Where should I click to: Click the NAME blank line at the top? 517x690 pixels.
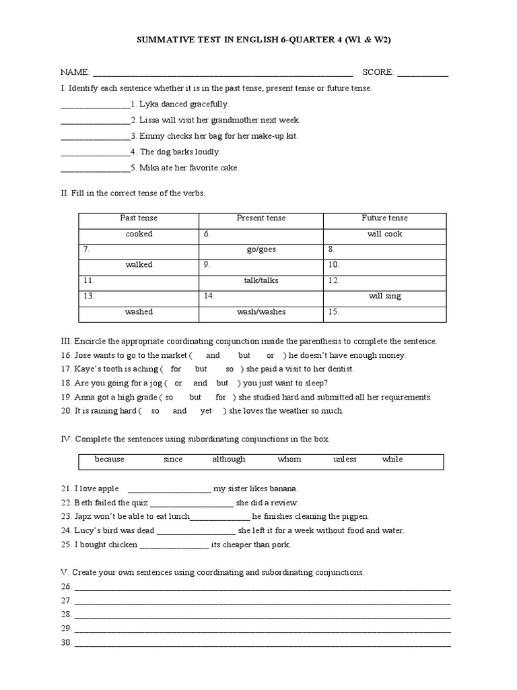(222, 73)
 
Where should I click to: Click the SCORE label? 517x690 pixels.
(378, 72)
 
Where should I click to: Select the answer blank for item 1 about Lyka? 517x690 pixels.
(95, 105)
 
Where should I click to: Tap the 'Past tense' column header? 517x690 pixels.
(139, 218)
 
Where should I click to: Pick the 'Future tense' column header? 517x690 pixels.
(384, 218)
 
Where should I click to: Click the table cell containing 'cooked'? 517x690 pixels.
(139, 234)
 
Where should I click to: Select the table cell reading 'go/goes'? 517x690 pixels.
(261, 249)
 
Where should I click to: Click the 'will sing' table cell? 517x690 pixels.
(384, 296)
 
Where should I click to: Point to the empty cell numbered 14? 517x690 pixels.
(261, 296)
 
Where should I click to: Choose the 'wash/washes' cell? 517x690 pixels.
(261, 312)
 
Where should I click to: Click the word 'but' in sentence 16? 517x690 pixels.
(244, 355)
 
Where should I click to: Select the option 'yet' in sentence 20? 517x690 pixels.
(206, 410)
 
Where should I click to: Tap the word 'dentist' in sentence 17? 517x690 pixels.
(340, 369)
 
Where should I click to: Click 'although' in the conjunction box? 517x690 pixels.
(229, 460)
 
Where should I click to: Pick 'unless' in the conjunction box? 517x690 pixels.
(345, 460)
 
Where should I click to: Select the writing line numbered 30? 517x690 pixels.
(263, 644)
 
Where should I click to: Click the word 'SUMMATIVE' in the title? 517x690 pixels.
(164, 40)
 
